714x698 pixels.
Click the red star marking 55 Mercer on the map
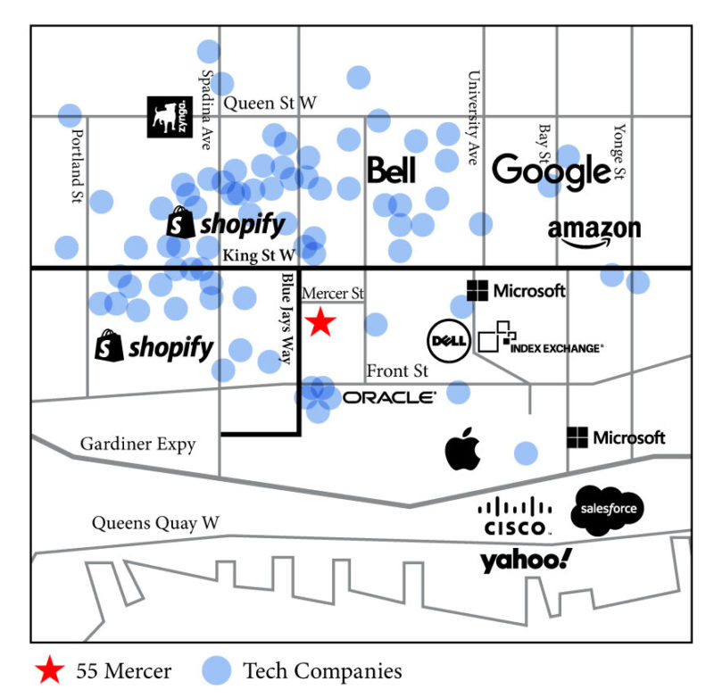point(320,322)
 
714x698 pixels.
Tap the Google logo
point(551,170)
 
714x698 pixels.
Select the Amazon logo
point(594,232)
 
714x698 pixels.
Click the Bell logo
point(392,170)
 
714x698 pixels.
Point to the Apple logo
point(463,448)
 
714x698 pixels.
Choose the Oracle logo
point(389,397)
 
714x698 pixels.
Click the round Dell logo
point(448,340)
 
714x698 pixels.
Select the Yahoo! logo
point(526,561)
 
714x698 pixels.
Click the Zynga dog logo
point(170,116)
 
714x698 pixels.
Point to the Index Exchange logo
point(540,339)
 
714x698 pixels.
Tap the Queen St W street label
point(270,104)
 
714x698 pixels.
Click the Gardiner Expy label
point(137,444)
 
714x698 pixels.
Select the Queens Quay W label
point(155,523)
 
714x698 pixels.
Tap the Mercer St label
point(333,293)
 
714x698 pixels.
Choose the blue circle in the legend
point(215,670)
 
